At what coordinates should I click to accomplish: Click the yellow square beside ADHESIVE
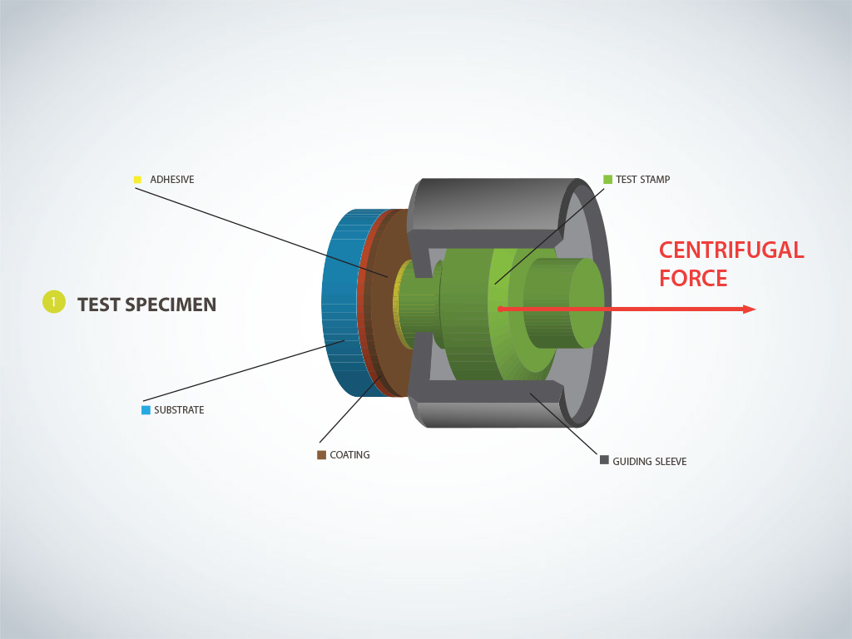click(137, 179)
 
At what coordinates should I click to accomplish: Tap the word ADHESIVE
click(171, 180)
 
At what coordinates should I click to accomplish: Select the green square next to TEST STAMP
click(607, 179)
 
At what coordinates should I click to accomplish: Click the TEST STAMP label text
click(642, 180)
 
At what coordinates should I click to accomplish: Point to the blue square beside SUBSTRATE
click(146, 409)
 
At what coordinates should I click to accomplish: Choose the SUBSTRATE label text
click(179, 410)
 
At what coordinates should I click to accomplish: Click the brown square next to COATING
click(321, 454)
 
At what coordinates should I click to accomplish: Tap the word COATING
click(349, 455)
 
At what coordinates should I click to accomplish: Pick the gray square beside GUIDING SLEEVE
click(604, 459)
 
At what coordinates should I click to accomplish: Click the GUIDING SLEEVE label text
click(650, 461)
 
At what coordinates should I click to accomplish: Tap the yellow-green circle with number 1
click(53, 302)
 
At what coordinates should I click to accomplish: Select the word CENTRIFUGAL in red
click(731, 250)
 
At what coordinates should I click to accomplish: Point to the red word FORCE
click(693, 278)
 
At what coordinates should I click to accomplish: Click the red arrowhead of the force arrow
click(749, 310)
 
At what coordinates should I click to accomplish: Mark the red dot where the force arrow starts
click(500, 310)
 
